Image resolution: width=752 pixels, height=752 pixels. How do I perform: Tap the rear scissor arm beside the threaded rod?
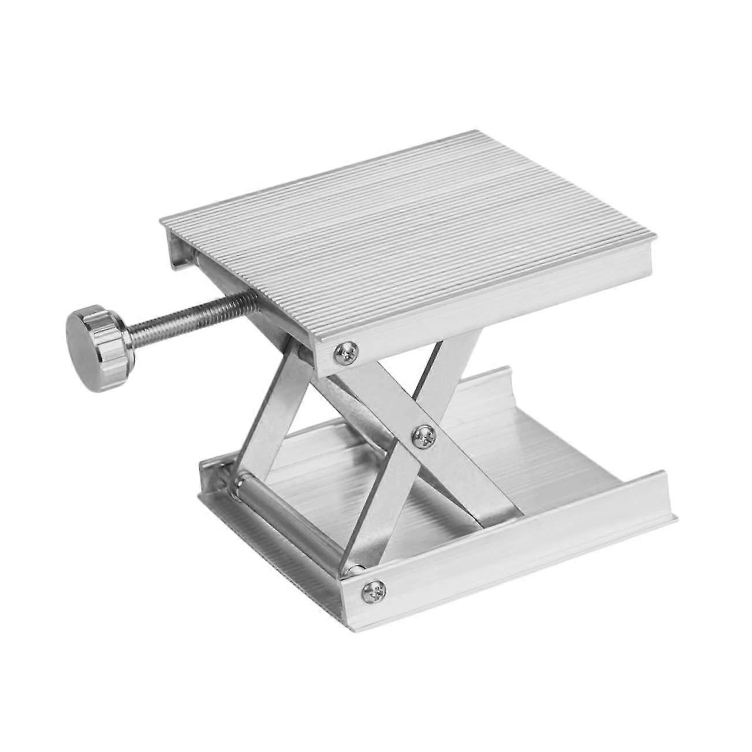[271, 399]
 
